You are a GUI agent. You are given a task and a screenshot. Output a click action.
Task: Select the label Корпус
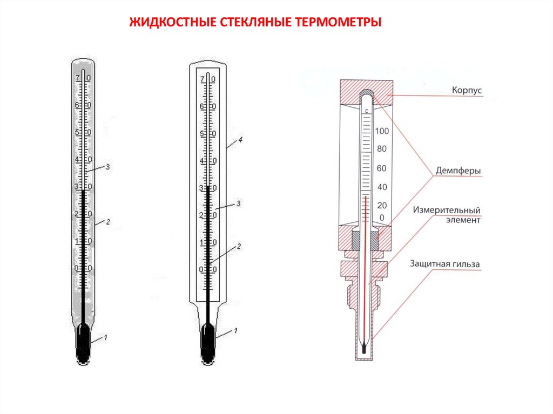[x=467, y=91]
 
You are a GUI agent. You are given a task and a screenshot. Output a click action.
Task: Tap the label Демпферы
[x=458, y=171]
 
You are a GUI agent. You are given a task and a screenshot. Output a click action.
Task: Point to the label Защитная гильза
[x=444, y=264]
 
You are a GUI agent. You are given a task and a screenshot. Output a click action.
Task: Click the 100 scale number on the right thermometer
[x=382, y=131]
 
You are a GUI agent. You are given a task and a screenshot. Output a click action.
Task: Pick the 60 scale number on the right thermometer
[x=382, y=168]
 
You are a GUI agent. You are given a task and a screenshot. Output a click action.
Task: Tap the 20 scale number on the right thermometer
[x=382, y=205]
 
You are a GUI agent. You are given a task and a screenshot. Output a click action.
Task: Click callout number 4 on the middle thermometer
[x=240, y=140]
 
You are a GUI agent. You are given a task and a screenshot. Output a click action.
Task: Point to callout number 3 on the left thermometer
[x=107, y=167]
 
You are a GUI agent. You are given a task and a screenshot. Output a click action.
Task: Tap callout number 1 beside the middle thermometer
[x=235, y=330]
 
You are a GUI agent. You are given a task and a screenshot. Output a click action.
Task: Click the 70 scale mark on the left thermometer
[x=83, y=79]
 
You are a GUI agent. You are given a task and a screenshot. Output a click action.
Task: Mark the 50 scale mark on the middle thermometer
[x=208, y=134]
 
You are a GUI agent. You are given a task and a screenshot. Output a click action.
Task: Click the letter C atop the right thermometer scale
[x=367, y=111]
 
